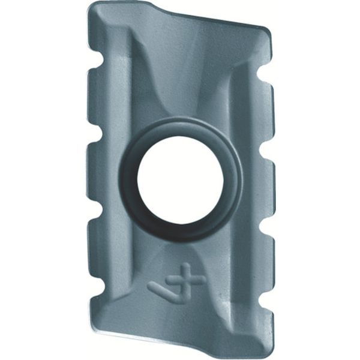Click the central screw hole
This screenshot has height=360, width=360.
click(x=180, y=181)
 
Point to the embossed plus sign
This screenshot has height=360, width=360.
click(x=191, y=280)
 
